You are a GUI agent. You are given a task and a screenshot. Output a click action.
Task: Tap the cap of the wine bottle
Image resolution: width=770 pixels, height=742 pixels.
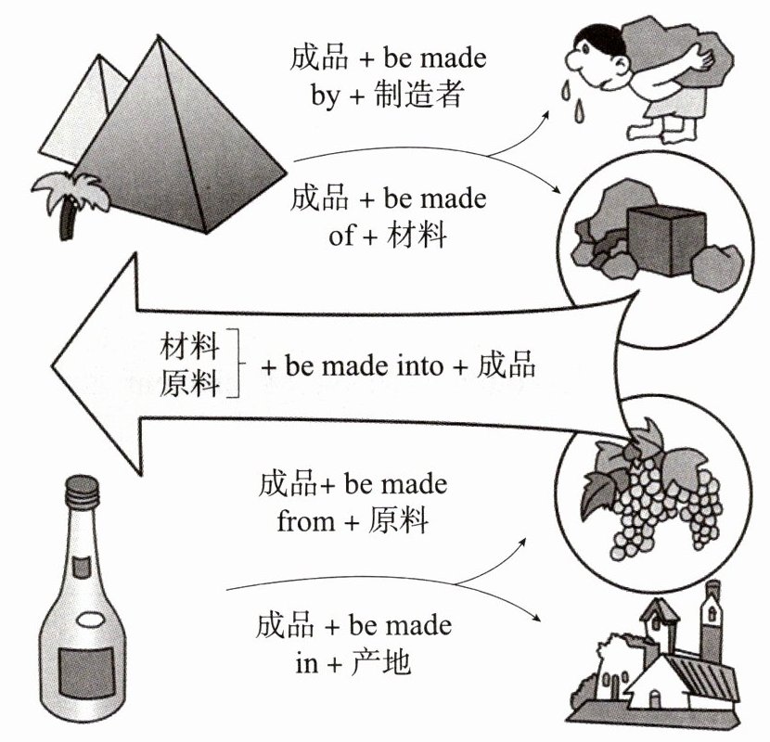pyautogui.click(x=83, y=487)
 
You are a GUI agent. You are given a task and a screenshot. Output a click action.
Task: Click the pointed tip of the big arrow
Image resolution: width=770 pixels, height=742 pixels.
pyautogui.click(x=56, y=365)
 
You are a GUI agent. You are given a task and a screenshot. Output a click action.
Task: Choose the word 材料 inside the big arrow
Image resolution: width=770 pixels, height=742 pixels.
pyautogui.click(x=189, y=349)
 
